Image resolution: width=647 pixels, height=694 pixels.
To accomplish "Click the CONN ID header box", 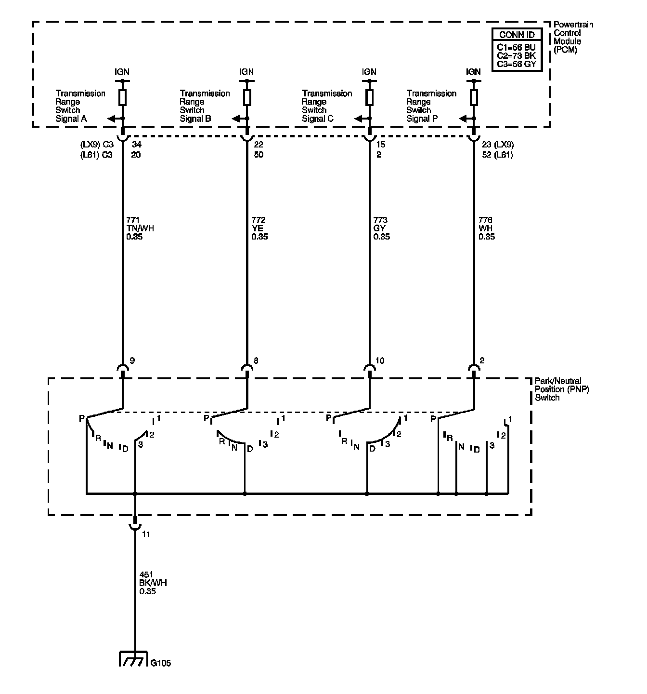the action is (x=517, y=35).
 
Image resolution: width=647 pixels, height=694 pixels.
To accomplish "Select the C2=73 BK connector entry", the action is (x=517, y=55).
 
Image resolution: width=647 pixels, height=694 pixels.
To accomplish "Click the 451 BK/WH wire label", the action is (x=153, y=583).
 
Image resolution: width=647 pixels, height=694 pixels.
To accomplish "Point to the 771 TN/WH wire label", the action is (x=140, y=228).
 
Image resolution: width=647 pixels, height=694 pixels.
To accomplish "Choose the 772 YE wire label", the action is (x=259, y=228).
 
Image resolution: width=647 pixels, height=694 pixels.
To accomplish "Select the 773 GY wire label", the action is (x=381, y=228).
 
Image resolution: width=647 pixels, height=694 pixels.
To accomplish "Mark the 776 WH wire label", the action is (x=486, y=228).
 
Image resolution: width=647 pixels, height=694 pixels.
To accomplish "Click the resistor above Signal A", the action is (x=122, y=97).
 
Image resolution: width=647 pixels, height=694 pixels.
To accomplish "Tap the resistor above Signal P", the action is (x=474, y=97).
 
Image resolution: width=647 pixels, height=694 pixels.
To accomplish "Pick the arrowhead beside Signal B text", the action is (x=236, y=119).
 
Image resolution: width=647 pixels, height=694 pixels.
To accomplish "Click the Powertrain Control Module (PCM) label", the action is (x=573, y=37).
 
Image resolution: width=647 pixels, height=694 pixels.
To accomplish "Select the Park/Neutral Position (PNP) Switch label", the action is (x=562, y=389).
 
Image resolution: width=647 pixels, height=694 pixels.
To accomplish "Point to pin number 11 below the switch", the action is (x=146, y=534).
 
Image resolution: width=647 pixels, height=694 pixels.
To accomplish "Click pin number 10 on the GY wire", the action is (x=379, y=360).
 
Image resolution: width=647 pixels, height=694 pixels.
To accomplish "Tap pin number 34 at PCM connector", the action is (x=137, y=144).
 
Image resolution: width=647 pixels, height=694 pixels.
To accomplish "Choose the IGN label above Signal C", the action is (x=369, y=72).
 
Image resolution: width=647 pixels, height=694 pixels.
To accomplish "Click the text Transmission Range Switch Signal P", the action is (x=431, y=106).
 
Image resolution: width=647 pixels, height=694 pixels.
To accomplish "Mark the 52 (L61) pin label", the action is (x=498, y=154).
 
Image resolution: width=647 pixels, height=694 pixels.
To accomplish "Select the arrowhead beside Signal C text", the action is (x=358, y=119).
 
